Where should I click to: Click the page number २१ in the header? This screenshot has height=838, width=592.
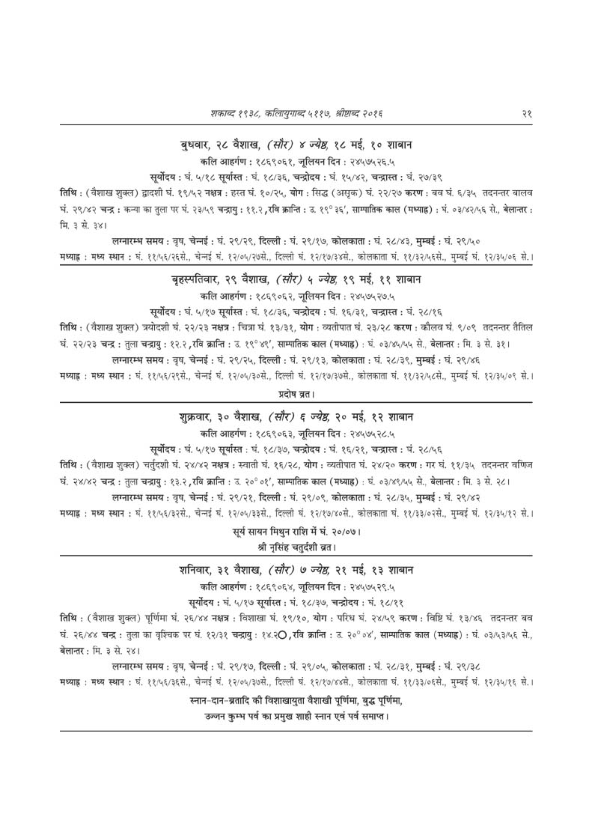point(527,113)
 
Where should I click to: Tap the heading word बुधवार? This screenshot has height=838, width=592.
point(196,142)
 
